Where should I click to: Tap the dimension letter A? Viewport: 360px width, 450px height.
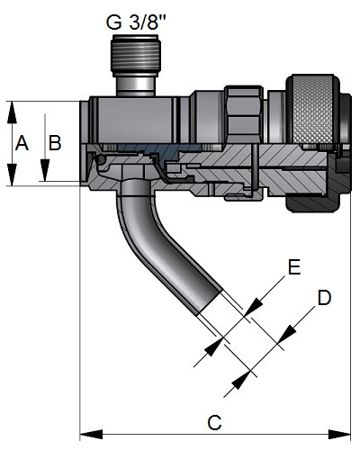coord(22,143)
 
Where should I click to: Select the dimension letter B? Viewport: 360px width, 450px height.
coord(55,143)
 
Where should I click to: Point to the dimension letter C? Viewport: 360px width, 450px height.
coord(214,423)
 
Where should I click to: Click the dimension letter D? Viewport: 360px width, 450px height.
coord(324,298)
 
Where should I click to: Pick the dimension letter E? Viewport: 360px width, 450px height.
coord(294,266)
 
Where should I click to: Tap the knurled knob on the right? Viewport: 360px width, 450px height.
coord(312,110)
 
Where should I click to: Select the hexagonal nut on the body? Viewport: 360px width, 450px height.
coord(244,114)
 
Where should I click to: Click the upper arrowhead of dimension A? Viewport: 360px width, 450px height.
coord(12,112)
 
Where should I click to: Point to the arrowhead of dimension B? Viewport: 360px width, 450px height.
coord(45,170)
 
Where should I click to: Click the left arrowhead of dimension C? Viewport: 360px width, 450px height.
coord(91,434)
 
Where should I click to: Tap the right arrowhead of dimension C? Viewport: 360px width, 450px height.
coord(339,434)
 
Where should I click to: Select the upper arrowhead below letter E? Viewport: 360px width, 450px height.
coord(254,307)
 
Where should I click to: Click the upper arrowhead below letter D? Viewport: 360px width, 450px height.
coord(286,334)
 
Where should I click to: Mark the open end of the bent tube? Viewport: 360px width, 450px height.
coord(210,303)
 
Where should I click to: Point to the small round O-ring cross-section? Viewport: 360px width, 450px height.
coord(100,159)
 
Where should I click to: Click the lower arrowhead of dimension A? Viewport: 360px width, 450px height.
coord(12,175)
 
